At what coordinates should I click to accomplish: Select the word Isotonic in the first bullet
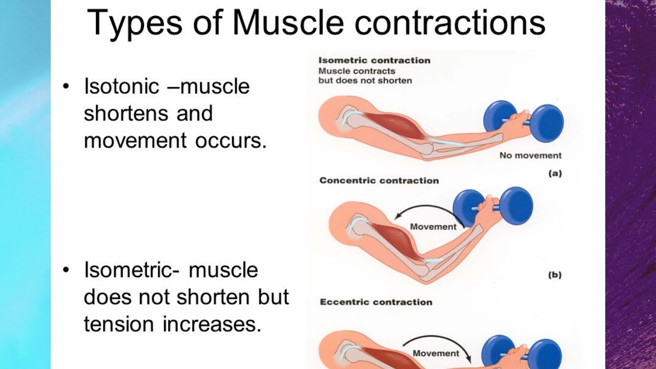(121, 86)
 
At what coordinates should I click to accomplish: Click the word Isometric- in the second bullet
(132, 270)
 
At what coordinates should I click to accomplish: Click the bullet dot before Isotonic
(65, 87)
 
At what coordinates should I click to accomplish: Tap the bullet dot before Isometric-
(65, 270)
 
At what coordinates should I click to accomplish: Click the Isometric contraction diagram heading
(374, 60)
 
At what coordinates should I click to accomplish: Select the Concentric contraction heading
(379, 180)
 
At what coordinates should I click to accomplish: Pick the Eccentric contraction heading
(376, 302)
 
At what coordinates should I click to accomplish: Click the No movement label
(530, 155)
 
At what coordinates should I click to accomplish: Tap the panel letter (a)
(555, 173)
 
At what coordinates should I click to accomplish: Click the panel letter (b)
(555, 275)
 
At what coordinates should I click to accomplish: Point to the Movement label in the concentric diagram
(433, 227)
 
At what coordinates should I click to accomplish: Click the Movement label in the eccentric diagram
(436, 353)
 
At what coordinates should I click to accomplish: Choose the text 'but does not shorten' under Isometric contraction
(365, 80)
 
